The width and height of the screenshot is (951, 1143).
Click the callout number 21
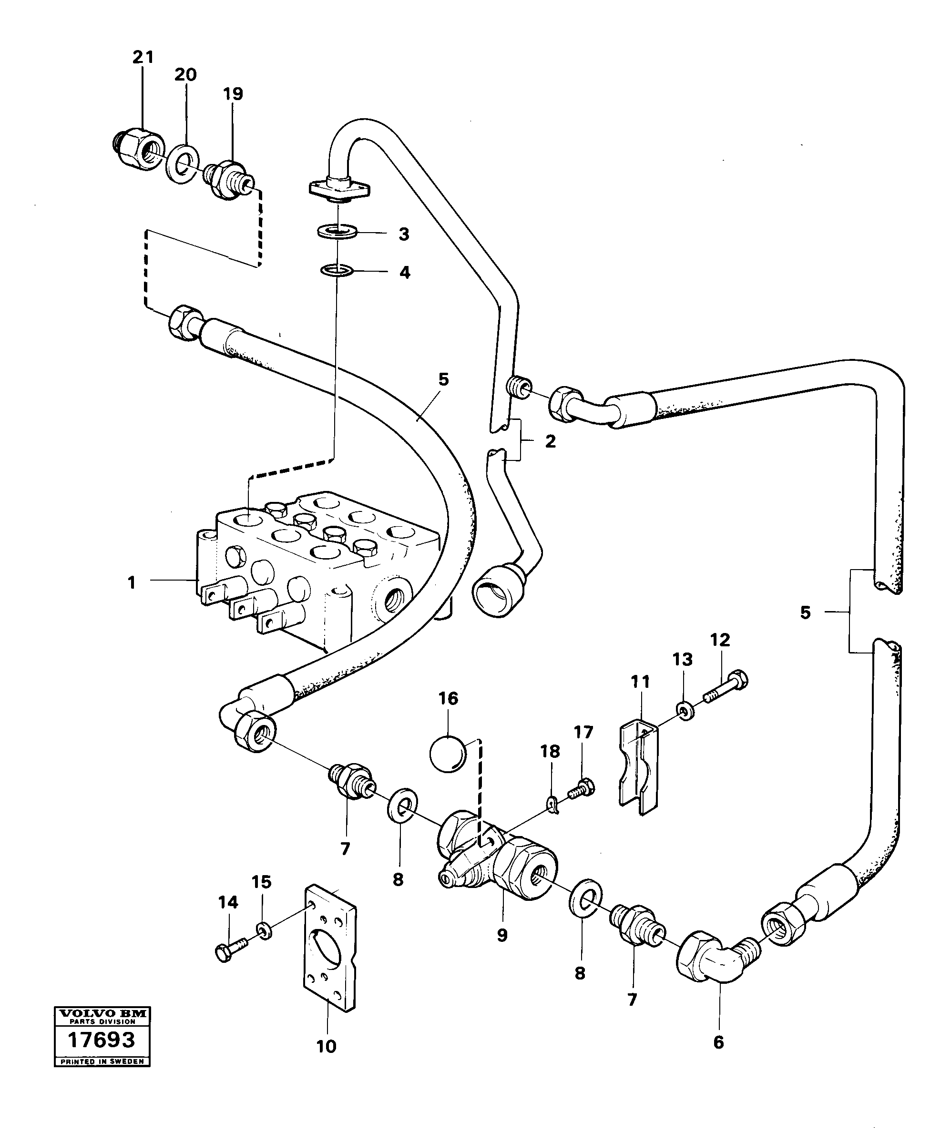143,57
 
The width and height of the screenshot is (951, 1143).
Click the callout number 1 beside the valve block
131,583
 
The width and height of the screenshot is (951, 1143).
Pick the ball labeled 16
447,755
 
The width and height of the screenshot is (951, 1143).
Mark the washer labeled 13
685,711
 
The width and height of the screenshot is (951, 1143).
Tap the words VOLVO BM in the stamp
102,1013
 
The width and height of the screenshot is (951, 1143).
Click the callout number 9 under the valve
502,935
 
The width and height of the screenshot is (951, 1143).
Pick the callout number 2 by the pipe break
551,441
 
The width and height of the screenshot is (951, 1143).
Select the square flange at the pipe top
338,189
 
